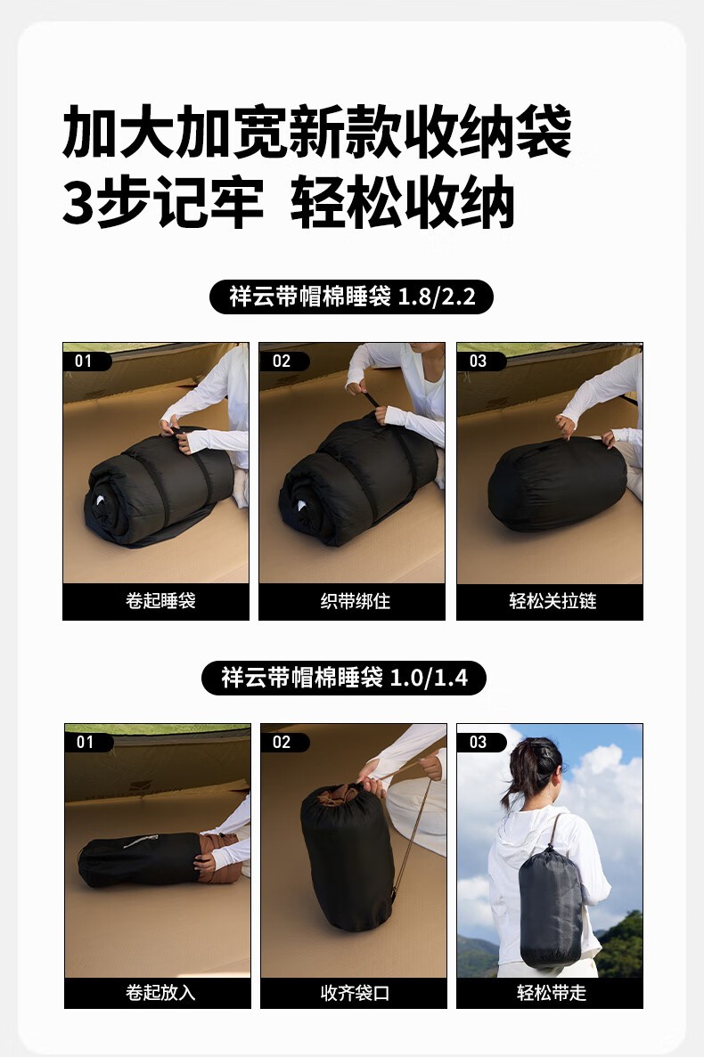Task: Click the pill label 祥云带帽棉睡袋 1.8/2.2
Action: pos(351,297)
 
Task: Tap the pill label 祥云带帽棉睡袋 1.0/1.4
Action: pos(344,678)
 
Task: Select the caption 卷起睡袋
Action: pos(160,601)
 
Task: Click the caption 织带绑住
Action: pos(356,601)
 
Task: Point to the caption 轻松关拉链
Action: pos(553,601)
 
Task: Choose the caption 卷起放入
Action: pos(160,992)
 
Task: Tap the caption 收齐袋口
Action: pos(356,992)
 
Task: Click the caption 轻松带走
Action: pos(552,992)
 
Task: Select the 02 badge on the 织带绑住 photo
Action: pos(283,361)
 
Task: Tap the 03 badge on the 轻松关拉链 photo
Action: pos(480,361)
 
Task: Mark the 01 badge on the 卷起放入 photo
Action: pos(87,742)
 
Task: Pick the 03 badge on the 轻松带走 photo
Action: pos(480,742)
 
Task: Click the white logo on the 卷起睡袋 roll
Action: pos(100,500)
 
